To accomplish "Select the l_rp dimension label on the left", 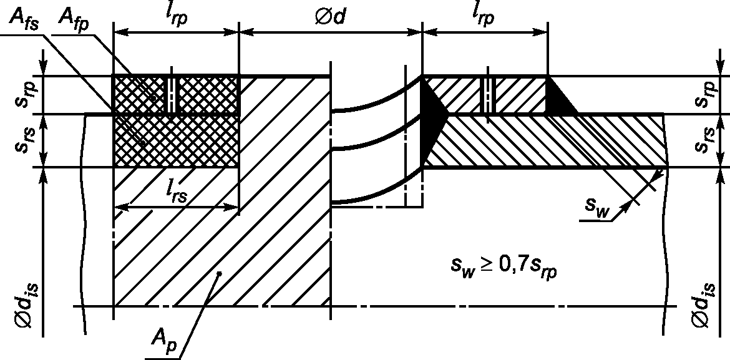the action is [175, 16].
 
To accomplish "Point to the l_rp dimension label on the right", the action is [483, 16].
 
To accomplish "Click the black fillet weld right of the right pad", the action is [560, 100].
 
